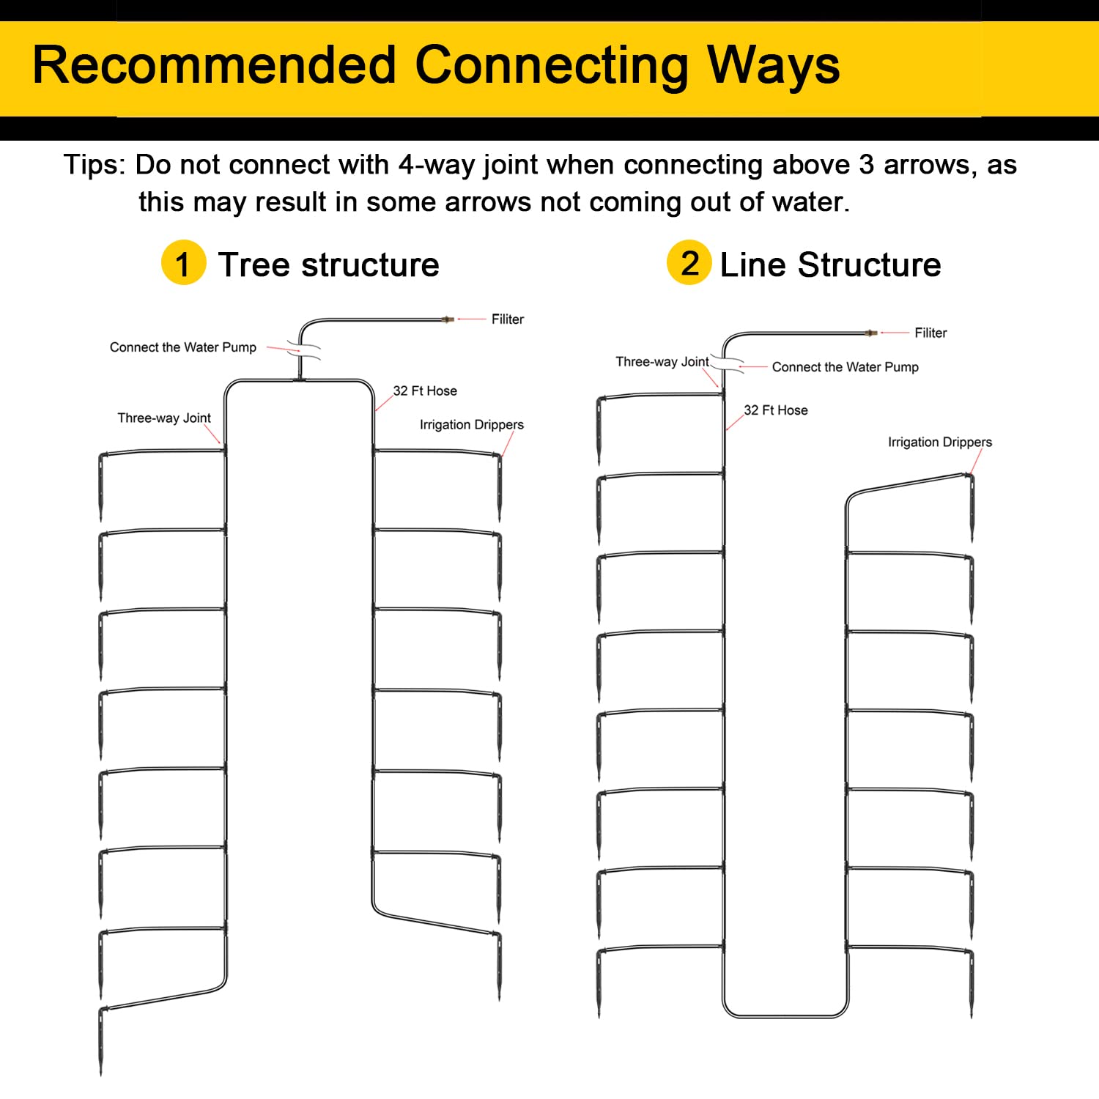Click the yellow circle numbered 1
(183, 262)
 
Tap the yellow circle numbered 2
(689, 262)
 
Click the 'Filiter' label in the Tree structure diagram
(508, 319)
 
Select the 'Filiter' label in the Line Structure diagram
(930, 333)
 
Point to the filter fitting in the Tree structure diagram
(448, 319)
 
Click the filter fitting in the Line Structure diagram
(870, 333)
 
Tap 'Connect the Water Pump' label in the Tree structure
(183, 347)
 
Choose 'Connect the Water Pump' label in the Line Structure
(845, 367)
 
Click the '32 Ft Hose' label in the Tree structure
(425, 391)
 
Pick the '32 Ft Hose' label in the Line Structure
(776, 410)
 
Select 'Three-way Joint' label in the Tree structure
(164, 418)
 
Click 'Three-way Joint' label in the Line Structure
(662, 362)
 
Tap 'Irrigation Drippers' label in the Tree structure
(472, 425)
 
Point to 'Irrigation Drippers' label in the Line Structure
(940, 443)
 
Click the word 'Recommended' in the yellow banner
(215, 66)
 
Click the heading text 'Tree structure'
(328, 264)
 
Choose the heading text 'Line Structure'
(831, 264)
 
